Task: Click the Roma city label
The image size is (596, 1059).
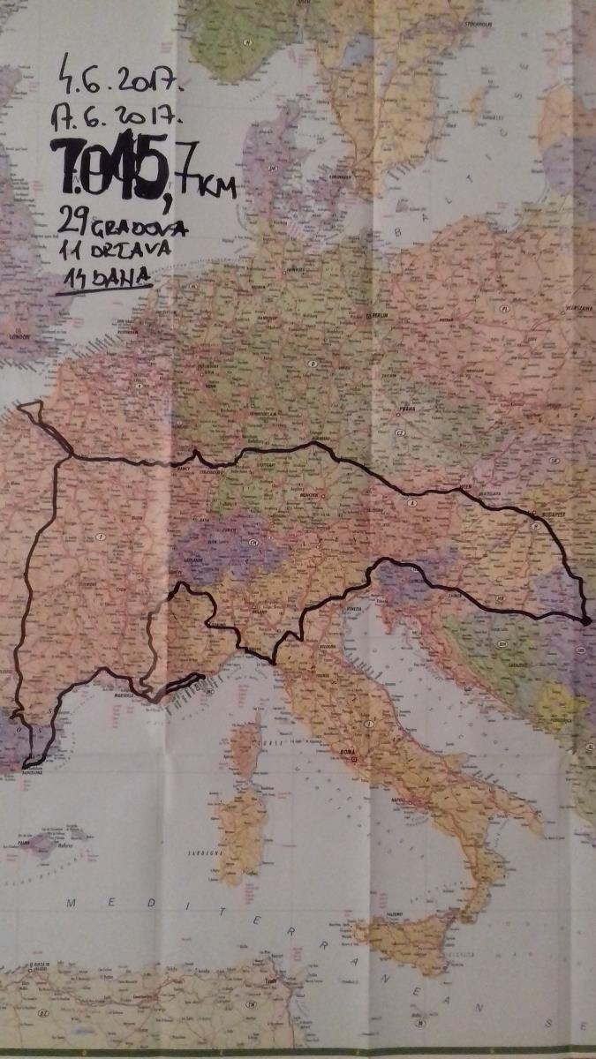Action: pos(351,753)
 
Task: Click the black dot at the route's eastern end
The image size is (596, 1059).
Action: pos(586,621)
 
